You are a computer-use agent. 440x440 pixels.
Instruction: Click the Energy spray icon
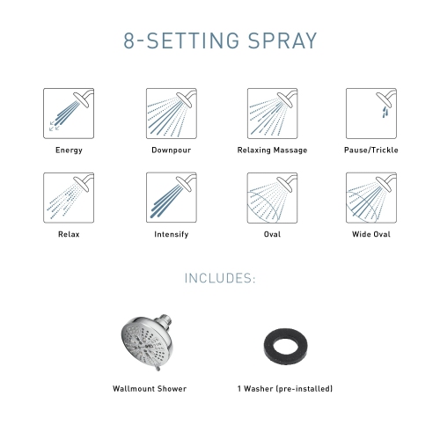click(x=69, y=113)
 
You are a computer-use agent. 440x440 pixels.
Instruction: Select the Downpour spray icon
click(x=171, y=113)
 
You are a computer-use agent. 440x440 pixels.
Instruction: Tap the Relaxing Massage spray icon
click(x=272, y=113)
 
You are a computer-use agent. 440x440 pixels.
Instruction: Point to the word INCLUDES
click(x=219, y=279)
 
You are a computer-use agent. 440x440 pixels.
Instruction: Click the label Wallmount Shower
click(x=150, y=388)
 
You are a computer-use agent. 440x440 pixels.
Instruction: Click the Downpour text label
click(x=171, y=150)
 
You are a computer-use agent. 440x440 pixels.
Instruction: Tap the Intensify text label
click(x=171, y=235)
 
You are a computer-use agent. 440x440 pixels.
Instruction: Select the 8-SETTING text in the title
click(x=171, y=40)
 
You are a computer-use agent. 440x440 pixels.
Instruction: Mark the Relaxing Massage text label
click(x=272, y=150)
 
